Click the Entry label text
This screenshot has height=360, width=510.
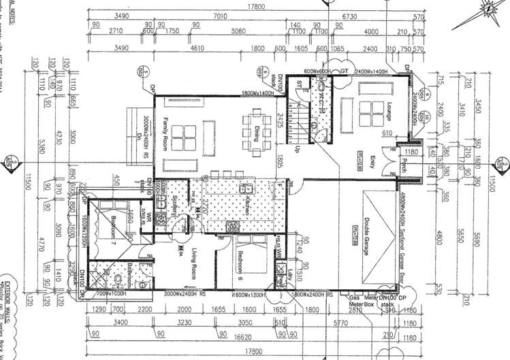(x=372, y=163)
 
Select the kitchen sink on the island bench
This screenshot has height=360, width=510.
(x=250, y=188)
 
